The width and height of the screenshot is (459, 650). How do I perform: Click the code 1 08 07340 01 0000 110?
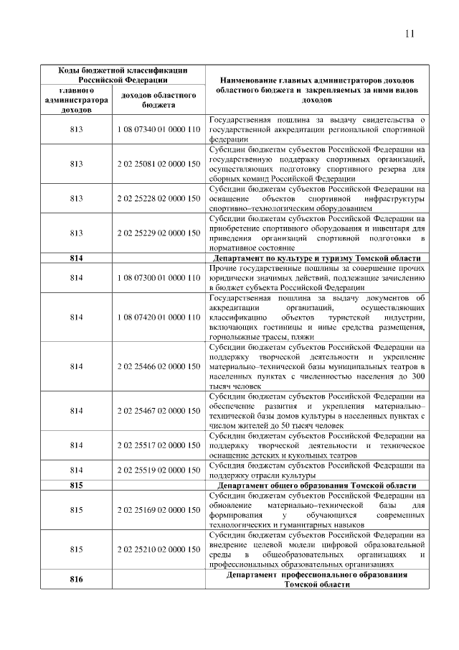tap(158, 129)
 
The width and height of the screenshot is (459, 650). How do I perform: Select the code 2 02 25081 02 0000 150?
tap(158, 164)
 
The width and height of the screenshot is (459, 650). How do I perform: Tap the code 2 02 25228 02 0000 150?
tap(158, 198)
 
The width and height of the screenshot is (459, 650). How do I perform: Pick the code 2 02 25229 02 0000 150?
tap(158, 233)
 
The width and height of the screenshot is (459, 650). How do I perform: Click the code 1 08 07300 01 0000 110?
tap(158, 277)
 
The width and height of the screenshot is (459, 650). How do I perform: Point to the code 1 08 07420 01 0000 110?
tap(158, 317)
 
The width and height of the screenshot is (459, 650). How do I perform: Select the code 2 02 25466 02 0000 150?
tap(158, 366)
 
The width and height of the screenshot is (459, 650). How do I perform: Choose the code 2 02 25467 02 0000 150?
tap(158, 411)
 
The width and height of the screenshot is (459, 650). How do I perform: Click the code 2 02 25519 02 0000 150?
tap(158, 470)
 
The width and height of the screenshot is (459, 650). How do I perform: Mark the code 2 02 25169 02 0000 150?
tap(158, 510)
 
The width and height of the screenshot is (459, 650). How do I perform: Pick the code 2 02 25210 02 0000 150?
tap(158, 549)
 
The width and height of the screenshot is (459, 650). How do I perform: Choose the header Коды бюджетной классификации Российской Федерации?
tap(123, 75)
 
